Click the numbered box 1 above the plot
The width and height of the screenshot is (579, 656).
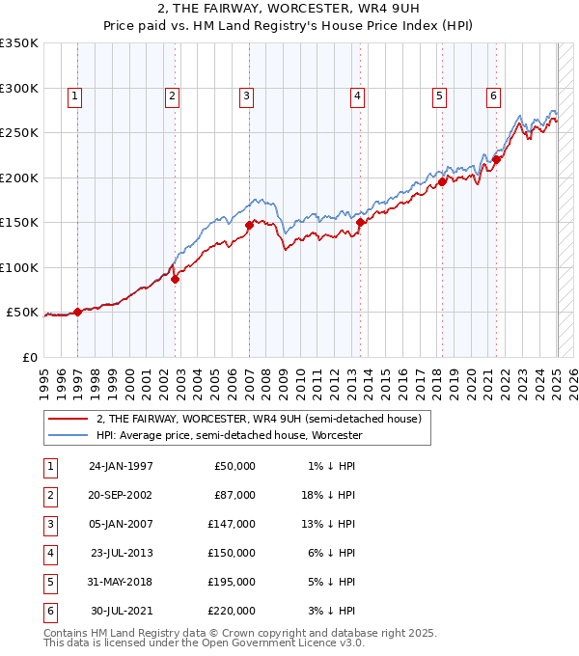tap(74, 96)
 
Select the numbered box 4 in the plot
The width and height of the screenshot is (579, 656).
tap(357, 96)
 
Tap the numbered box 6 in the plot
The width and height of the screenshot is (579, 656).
tap(493, 96)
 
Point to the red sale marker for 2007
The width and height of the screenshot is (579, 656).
tap(249, 225)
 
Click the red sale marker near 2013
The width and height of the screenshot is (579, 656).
tap(360, 222)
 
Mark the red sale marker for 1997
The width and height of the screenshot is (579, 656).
tap(77, 312)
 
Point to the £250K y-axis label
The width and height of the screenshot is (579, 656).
tap(19, 132)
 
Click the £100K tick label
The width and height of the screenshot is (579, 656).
tap(19, 267)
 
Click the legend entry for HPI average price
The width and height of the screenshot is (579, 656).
tap(229, 436)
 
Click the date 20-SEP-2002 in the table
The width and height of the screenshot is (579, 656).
tap(121, 495)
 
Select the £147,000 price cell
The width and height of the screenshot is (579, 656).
tap(234, 524)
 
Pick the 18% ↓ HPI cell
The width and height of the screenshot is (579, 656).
tap(330, 495)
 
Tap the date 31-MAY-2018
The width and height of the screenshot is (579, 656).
tap(121, 582)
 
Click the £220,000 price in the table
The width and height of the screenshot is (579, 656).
tap(234, 611)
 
